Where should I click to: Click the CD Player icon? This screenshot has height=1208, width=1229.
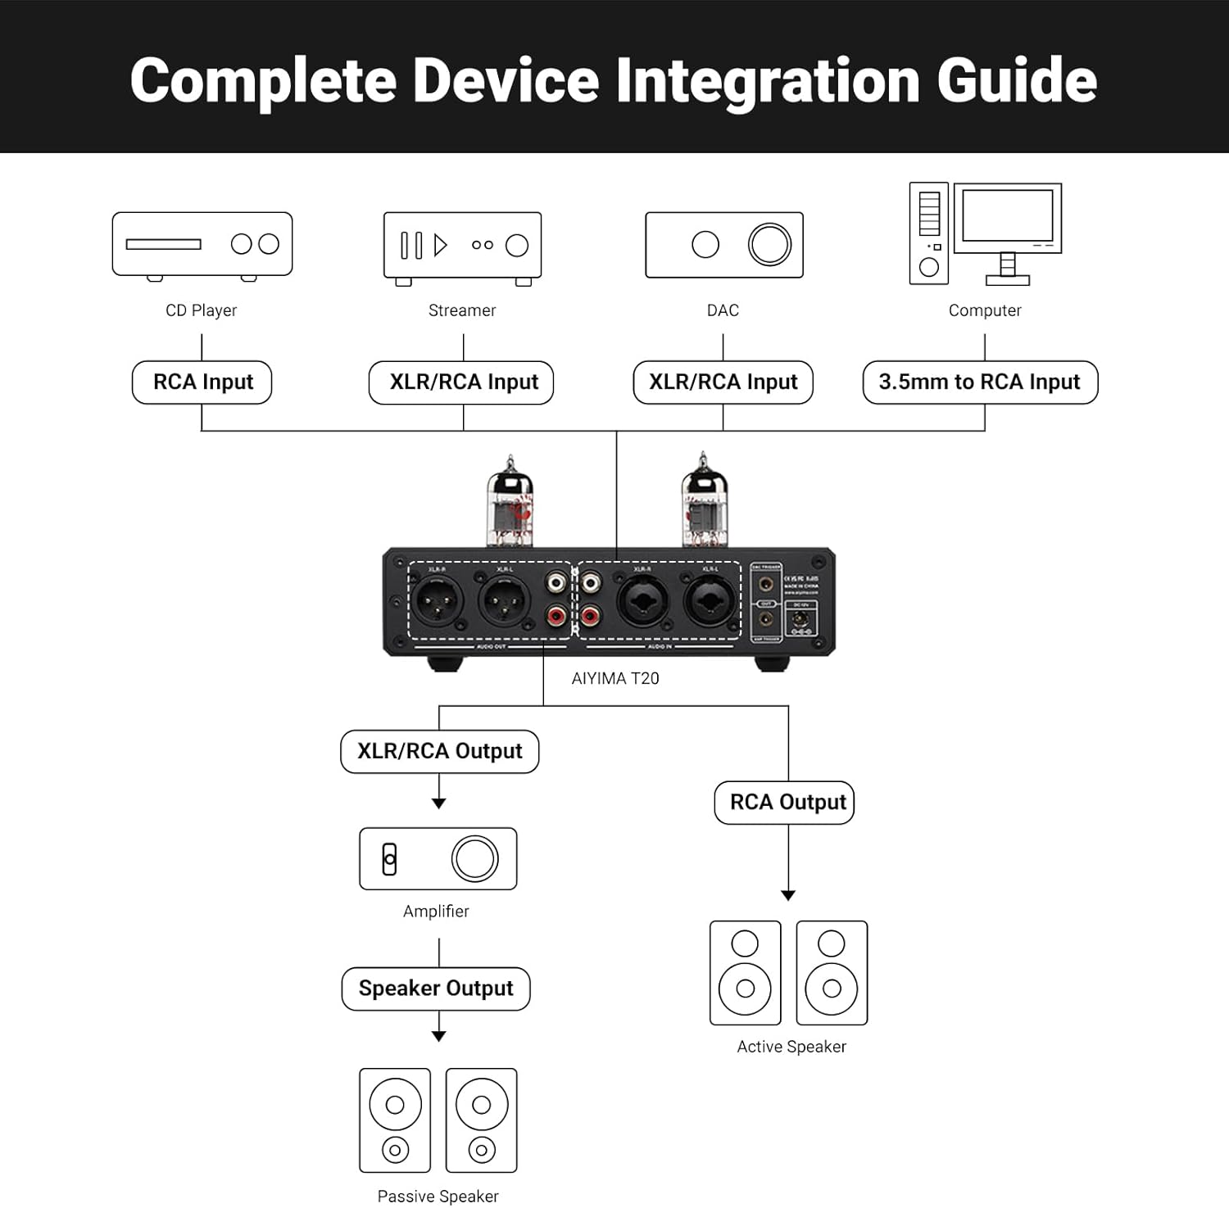[202, 244]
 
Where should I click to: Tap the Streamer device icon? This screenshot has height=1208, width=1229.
[462, 246]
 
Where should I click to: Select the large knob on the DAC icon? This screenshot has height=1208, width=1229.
[769, 244]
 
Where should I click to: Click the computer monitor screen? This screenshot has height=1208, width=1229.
[1008, 215]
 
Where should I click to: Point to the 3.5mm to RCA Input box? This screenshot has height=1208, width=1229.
[980, 382]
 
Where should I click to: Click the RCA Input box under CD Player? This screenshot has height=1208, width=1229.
[202, 382]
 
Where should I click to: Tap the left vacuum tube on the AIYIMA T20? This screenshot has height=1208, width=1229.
[510, 503]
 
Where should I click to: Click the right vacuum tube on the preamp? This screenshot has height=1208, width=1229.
[704, 501]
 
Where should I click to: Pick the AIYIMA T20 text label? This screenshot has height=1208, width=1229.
[615, 678]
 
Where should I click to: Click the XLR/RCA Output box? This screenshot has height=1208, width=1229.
[440, 751]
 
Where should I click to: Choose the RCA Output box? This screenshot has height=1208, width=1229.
[787, 802]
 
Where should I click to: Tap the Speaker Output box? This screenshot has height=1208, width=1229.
[436, 989]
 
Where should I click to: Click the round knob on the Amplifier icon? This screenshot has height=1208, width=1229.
[475, 858]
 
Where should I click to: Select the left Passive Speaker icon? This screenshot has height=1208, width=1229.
[395, 1120]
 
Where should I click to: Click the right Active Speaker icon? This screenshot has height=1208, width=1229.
[832, 973]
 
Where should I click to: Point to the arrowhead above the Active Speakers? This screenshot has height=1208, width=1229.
[788, 895]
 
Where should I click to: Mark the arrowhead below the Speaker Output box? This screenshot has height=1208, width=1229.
[439, 1036]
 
